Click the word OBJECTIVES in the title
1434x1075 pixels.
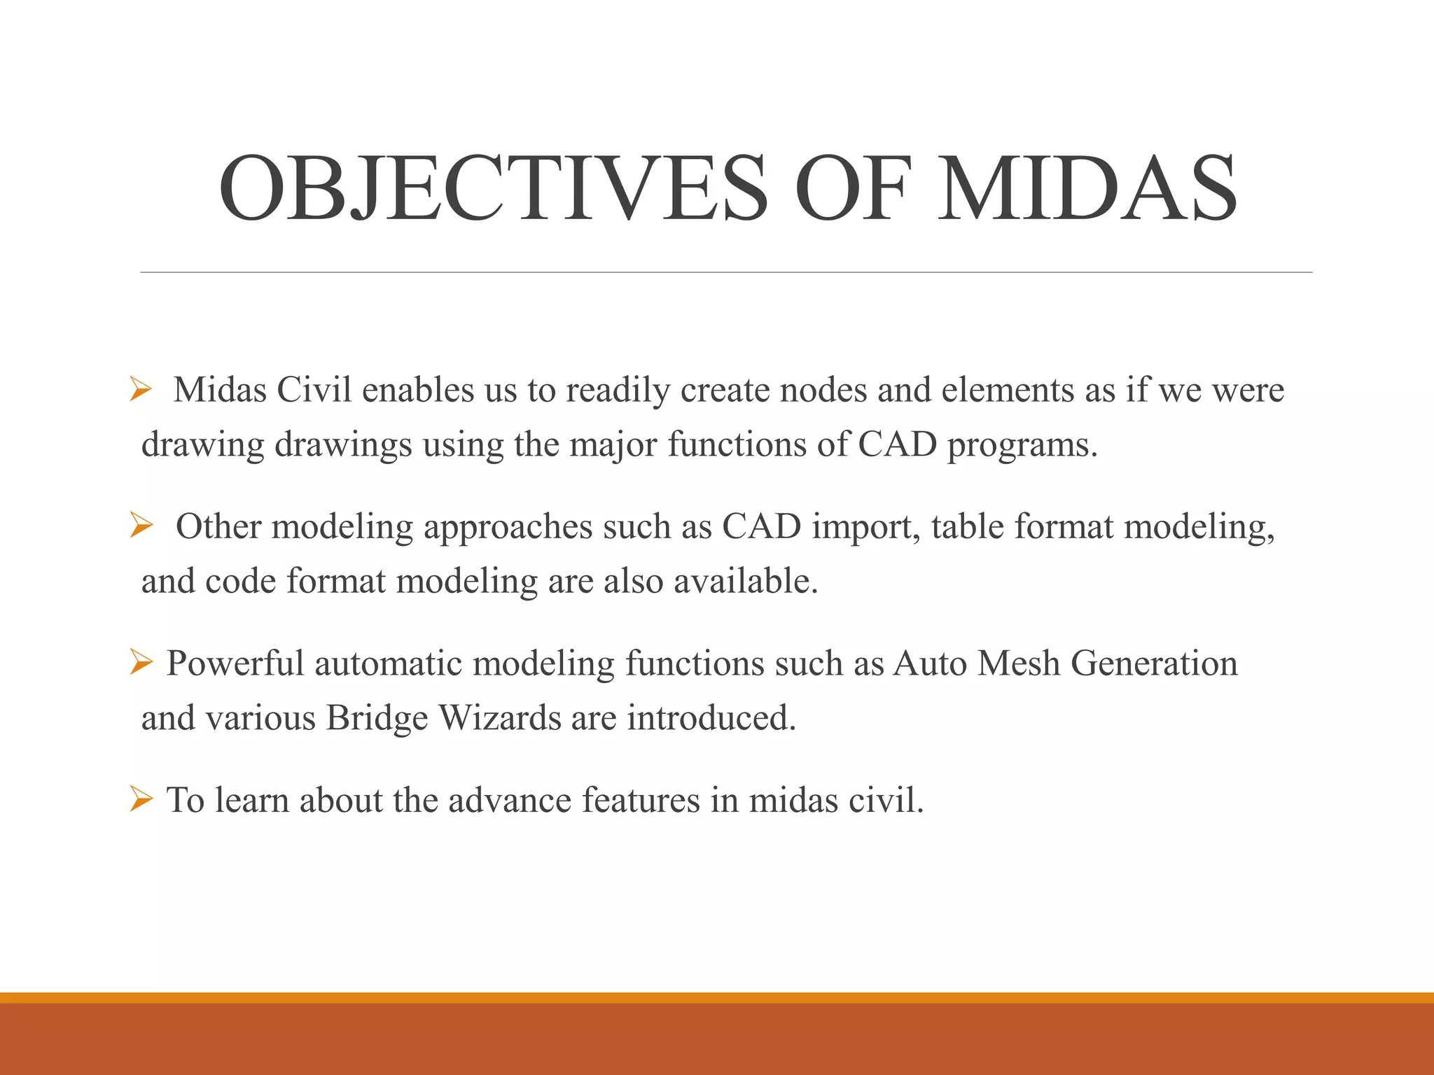pyautogui.click(x=494, y=189)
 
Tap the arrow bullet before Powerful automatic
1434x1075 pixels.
pyautogui.click(x=141, y=661)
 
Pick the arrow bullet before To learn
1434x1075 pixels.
pyautogui.click(x=141, y=799)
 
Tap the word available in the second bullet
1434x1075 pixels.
pyautogui.click(x=745, y=581)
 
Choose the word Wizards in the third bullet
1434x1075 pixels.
pyautogui.click(x=499, y=717)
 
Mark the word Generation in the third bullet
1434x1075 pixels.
pyautogui.click(x=1154, y=663)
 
